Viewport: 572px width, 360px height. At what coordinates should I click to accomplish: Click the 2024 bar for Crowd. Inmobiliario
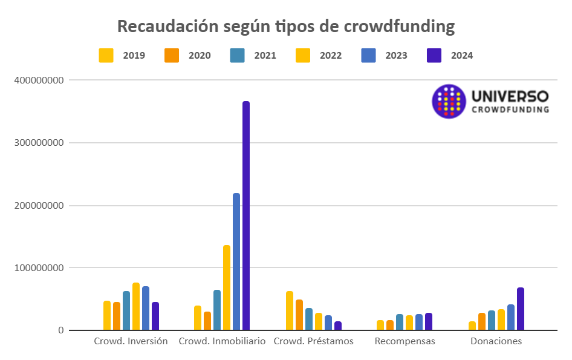246,216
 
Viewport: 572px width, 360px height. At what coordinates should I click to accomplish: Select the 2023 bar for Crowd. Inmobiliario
236,262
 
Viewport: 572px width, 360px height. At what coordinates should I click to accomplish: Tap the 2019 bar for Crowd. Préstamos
290,311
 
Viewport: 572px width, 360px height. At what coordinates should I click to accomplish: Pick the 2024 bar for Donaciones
521,309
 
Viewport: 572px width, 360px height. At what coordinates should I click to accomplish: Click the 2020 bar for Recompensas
390,326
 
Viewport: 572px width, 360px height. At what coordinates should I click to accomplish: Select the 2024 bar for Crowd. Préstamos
338,326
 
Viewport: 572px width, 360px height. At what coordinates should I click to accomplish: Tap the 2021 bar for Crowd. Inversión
126,311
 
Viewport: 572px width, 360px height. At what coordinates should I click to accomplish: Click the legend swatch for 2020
172,55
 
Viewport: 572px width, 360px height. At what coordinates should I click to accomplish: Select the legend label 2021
265,56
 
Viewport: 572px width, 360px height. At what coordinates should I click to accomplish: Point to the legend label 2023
396,56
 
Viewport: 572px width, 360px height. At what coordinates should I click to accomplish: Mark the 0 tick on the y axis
61,330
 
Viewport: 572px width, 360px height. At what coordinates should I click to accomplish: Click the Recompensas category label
405,341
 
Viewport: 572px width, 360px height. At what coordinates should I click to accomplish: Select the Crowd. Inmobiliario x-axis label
222,341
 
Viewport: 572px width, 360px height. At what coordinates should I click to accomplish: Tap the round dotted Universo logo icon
449,101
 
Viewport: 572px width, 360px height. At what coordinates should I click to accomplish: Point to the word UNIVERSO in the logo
510,96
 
